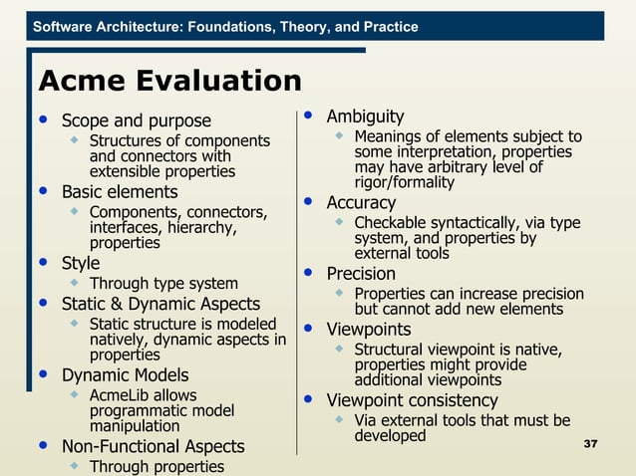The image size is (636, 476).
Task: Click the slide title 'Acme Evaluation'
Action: (x=168, y=82)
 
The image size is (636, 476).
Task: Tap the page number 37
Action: (x=588, y=442)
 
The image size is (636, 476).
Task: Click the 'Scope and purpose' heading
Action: (x=137, y=121)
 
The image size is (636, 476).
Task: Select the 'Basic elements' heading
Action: (x=120, y=191)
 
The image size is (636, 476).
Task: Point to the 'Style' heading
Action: (x=81, y=263)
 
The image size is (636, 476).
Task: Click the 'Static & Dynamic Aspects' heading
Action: (x=160, y=304)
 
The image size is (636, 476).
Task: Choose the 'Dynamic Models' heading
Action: (x=125, y=375)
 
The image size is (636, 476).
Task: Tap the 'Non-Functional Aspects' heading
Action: (x=153, y=445)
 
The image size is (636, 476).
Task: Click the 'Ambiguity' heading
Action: (x=365, y=117)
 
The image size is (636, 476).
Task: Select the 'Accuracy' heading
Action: (x=361, y=202)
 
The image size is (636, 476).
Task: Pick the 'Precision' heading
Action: (x=361, y=273)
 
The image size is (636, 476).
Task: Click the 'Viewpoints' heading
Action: (x=368, y=329)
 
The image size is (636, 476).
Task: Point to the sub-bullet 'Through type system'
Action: (x=163, y=284)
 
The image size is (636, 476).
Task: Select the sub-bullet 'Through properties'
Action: (x=157, y=466)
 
